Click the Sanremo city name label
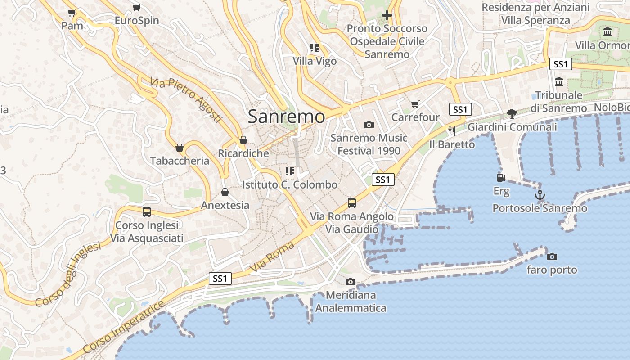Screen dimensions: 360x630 point(286,117)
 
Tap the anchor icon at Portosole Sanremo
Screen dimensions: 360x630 point(539,195)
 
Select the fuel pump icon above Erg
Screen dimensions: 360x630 point(500,178)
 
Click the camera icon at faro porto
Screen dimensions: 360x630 point(552,256)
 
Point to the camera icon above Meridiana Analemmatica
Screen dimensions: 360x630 point(350,282)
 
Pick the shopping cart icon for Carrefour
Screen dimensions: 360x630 point(415,104)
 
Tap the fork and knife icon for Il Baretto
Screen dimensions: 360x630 point(452,131)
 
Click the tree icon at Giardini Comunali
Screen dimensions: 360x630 point(512,114)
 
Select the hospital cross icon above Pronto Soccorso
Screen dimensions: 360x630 point(387,16)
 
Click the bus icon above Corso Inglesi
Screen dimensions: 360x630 point(147,212)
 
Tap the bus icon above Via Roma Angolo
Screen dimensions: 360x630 point(352,203)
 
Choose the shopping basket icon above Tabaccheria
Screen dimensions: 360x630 point(180,148)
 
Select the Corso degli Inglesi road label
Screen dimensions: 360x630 point(67,274)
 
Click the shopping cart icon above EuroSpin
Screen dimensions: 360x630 point(136,8)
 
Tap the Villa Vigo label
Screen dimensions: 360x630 point(315,61)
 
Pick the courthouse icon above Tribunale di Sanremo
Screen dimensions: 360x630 point(559,82)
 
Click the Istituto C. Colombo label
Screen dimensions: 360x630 point(289,184)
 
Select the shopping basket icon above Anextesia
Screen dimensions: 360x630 point(225,193)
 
